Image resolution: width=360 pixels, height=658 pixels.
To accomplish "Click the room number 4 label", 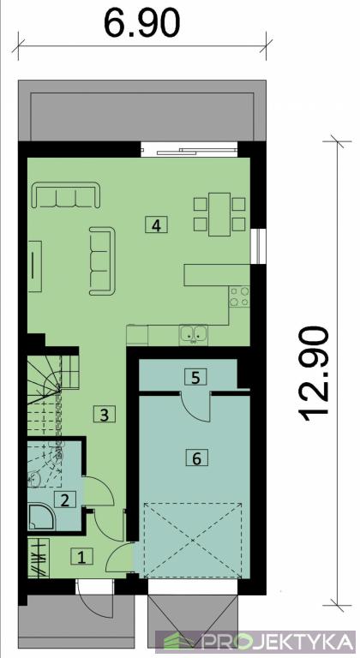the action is (x=156, y=224).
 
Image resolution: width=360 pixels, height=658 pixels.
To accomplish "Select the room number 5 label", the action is (x=195, y=377).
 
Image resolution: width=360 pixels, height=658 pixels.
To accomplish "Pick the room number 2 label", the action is (x=64, y=499).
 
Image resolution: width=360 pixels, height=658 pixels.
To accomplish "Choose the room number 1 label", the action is (x=82, y=557).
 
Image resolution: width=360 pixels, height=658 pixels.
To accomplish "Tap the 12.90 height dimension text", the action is (x=314, y=373).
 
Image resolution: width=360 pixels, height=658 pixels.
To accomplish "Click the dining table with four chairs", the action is (x=219, y=214).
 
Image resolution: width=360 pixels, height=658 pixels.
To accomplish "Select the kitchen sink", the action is (x=193, y=334).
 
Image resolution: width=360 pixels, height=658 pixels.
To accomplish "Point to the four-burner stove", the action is (x=239, y=296).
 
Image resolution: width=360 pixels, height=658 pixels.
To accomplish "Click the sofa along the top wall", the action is (x=67, y=195).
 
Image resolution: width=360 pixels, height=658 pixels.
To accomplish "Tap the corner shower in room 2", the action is (x=42, y=516).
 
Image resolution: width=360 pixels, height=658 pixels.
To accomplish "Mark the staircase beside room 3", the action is (x=53, y=394).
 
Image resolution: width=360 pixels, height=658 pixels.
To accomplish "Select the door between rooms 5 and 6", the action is (x=195, y=404).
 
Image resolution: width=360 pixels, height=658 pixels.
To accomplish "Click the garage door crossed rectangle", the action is (x=193, y=541).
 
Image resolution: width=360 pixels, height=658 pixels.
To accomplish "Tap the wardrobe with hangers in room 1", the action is (x=39, y=558).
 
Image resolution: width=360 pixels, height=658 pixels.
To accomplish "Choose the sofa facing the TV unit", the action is (x=102, y=260).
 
